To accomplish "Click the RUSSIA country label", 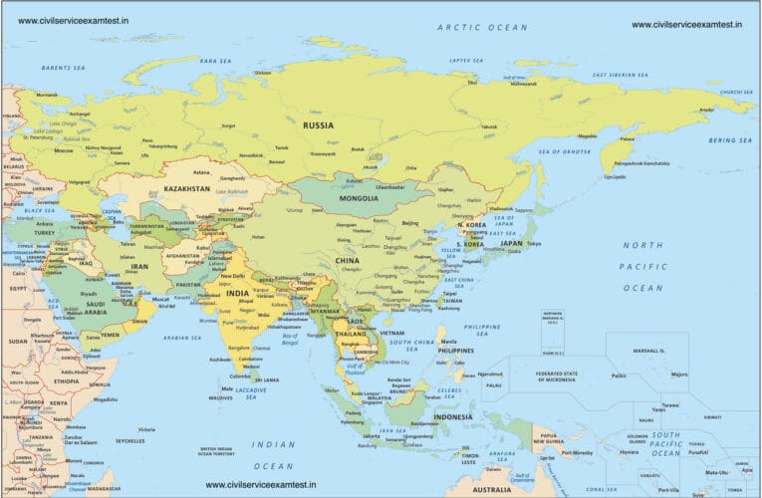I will coord(318,125).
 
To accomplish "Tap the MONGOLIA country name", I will coord(358,198).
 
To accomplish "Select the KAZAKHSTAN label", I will coord(187,188).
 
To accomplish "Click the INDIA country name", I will coord(237,294).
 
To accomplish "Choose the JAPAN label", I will coord(511,243).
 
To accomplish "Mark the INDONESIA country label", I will coord(452,416).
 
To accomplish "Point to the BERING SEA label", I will coord(729,140).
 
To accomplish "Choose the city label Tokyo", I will coord(533,244).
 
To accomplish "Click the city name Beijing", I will coord(409,224).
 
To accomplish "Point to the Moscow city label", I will coord(64,150).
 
